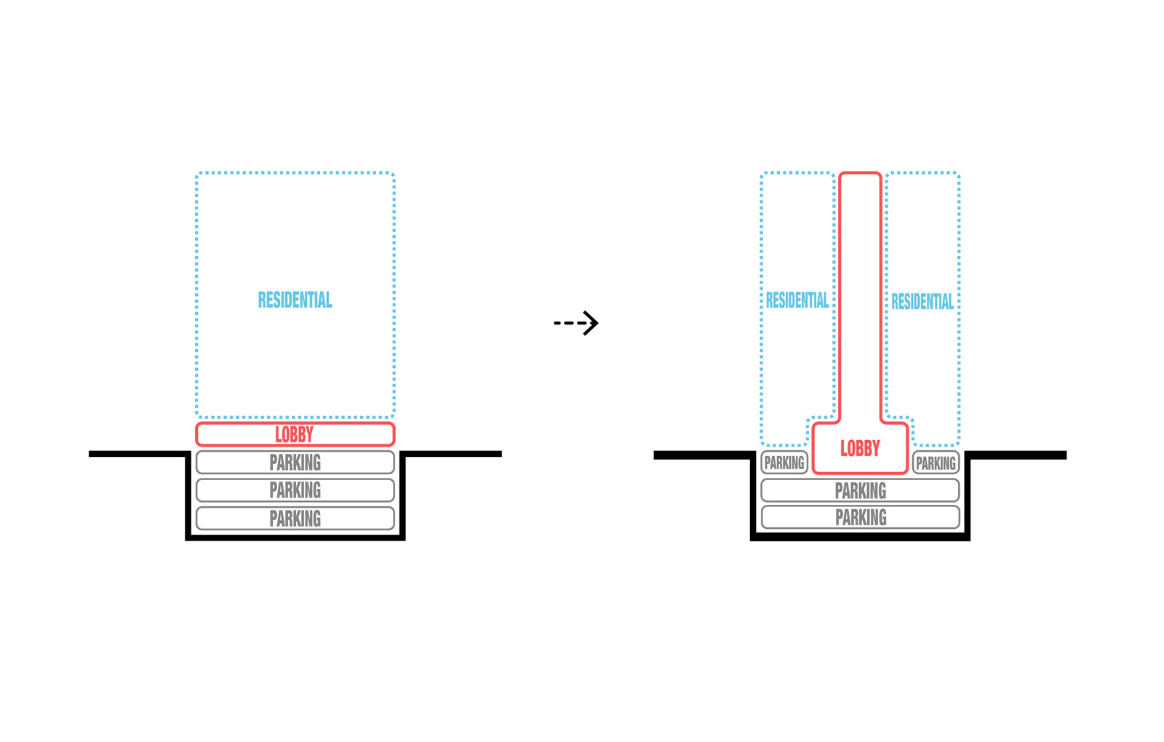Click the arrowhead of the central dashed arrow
click(591, 322)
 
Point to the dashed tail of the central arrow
click(567, 322)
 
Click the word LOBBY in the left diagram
click(295, 435)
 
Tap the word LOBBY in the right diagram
click(860, 449)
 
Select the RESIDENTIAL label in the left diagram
click(295, 300)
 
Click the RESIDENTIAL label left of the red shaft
click(797, 300)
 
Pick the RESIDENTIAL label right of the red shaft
click(922, 302)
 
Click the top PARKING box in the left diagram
click(295, 463)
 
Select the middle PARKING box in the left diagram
click(295, 490)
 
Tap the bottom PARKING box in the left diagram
click(295, 519)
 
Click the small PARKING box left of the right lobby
click(784, 463)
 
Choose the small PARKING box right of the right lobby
click(936, 463)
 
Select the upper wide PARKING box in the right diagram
click(860, 491)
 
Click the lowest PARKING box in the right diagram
click(860, 518)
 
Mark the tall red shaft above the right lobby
click(860, 291)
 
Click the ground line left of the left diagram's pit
click(138, 454)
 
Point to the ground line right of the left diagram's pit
click(451, 454)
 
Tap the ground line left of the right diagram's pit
click(703, 455)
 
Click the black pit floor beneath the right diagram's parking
click(860, 537)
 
